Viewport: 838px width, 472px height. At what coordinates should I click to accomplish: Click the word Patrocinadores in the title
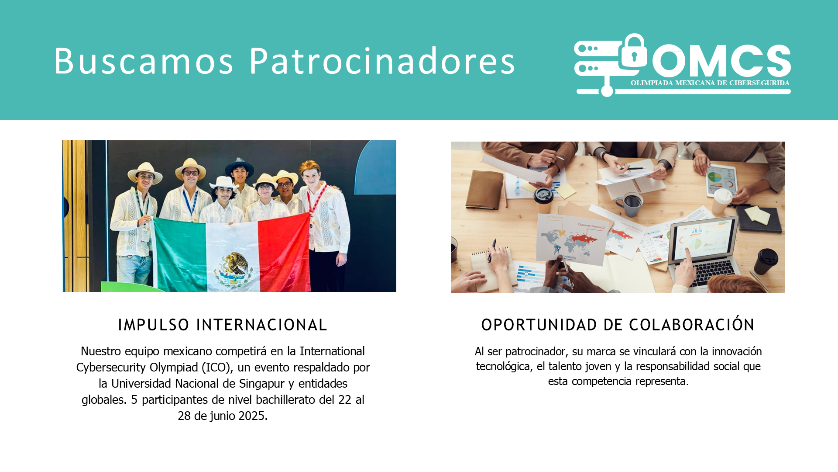pos(382,61)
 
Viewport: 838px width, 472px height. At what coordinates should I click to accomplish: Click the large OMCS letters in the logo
pos(721,60)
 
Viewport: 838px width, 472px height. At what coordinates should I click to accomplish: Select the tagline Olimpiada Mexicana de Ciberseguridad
pos(710,83)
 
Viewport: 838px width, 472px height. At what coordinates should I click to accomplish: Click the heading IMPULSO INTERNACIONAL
pos(223,325)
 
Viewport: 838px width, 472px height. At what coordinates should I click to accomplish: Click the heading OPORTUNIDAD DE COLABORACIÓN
pos(618,324)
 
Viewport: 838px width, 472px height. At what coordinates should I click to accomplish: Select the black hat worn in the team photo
pos(239,165)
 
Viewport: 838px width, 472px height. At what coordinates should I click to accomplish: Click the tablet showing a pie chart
pos(722,180)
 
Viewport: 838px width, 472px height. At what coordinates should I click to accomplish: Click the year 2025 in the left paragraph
pos(252,416)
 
